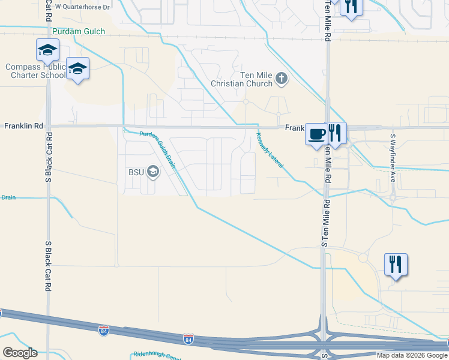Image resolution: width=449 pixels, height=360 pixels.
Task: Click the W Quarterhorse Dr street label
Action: (82, 7)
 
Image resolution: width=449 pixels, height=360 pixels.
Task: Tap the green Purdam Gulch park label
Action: (79, 31)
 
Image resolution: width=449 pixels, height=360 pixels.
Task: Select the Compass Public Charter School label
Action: (35, 71)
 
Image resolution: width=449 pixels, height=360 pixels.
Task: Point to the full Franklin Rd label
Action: (24, 127)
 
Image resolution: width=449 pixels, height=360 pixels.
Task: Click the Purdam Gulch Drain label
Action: (157, 150)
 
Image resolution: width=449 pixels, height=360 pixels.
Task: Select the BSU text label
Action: (136, 172)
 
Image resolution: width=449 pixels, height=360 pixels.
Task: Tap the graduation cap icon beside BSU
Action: (152, 173)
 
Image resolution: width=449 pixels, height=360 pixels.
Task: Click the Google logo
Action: (20, 353)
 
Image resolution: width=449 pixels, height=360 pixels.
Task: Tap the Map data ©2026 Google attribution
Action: (412, 355)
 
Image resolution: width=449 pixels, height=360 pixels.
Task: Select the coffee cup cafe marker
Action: (316, 134)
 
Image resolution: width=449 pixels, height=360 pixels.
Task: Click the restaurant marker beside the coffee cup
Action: (336, 133)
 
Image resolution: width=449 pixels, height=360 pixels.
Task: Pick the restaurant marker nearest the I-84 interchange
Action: (396, 264)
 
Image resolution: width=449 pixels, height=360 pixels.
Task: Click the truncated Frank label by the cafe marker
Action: (294, 128)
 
